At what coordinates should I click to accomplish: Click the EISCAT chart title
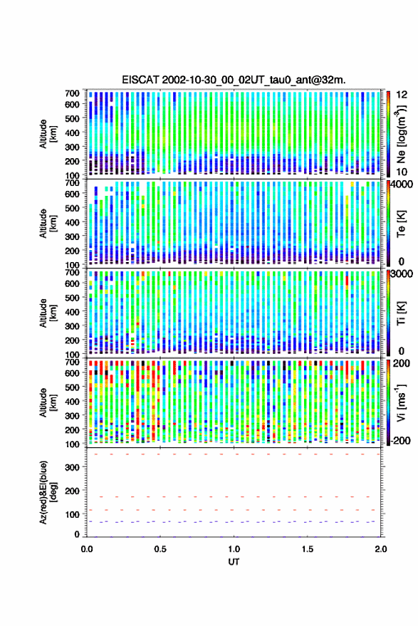234,80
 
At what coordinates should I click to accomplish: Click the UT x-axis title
234,562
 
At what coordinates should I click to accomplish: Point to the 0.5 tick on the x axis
160,549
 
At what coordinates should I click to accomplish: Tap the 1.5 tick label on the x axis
308,549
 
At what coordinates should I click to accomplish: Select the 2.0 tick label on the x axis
380,549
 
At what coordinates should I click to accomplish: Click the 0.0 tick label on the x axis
87,549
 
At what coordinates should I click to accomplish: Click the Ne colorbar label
401,134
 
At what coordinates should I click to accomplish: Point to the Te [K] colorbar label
401,224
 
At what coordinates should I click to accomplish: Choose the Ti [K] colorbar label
401,313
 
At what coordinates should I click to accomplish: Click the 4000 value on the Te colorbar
402,185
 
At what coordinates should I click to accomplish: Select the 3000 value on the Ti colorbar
402,274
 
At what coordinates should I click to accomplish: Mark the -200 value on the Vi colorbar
401,440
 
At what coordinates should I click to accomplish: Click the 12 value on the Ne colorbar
402,95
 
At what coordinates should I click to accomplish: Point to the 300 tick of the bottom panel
72,467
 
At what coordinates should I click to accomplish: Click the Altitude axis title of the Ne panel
48,134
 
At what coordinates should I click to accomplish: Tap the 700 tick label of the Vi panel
72,362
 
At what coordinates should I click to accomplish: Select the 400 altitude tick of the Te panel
72,222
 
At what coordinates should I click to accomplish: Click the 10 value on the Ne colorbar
402,172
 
